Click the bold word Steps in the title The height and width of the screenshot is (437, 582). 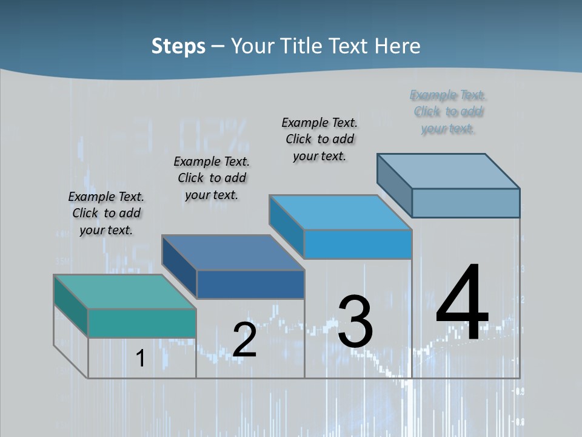pos(178,46)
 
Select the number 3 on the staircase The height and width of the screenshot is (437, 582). pos(355,322)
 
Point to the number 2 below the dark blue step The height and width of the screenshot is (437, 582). pos(245,340)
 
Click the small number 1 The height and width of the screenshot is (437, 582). pos(140,359)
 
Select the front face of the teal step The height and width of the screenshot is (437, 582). pos(142,323)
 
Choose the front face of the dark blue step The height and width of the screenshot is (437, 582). pos(250,284)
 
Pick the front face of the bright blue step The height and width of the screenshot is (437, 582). pos(358,245)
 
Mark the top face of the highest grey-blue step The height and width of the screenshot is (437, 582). pos(449,171)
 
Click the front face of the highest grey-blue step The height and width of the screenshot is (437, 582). pos(466,203)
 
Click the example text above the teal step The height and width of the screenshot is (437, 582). pos(106,213)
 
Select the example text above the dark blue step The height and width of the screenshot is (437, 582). pos(212,178)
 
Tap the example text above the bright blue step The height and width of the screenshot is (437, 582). pos(319,139)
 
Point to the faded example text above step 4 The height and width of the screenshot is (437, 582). pos(448,112)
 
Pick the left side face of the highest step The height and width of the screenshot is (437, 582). pos(394,185)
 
